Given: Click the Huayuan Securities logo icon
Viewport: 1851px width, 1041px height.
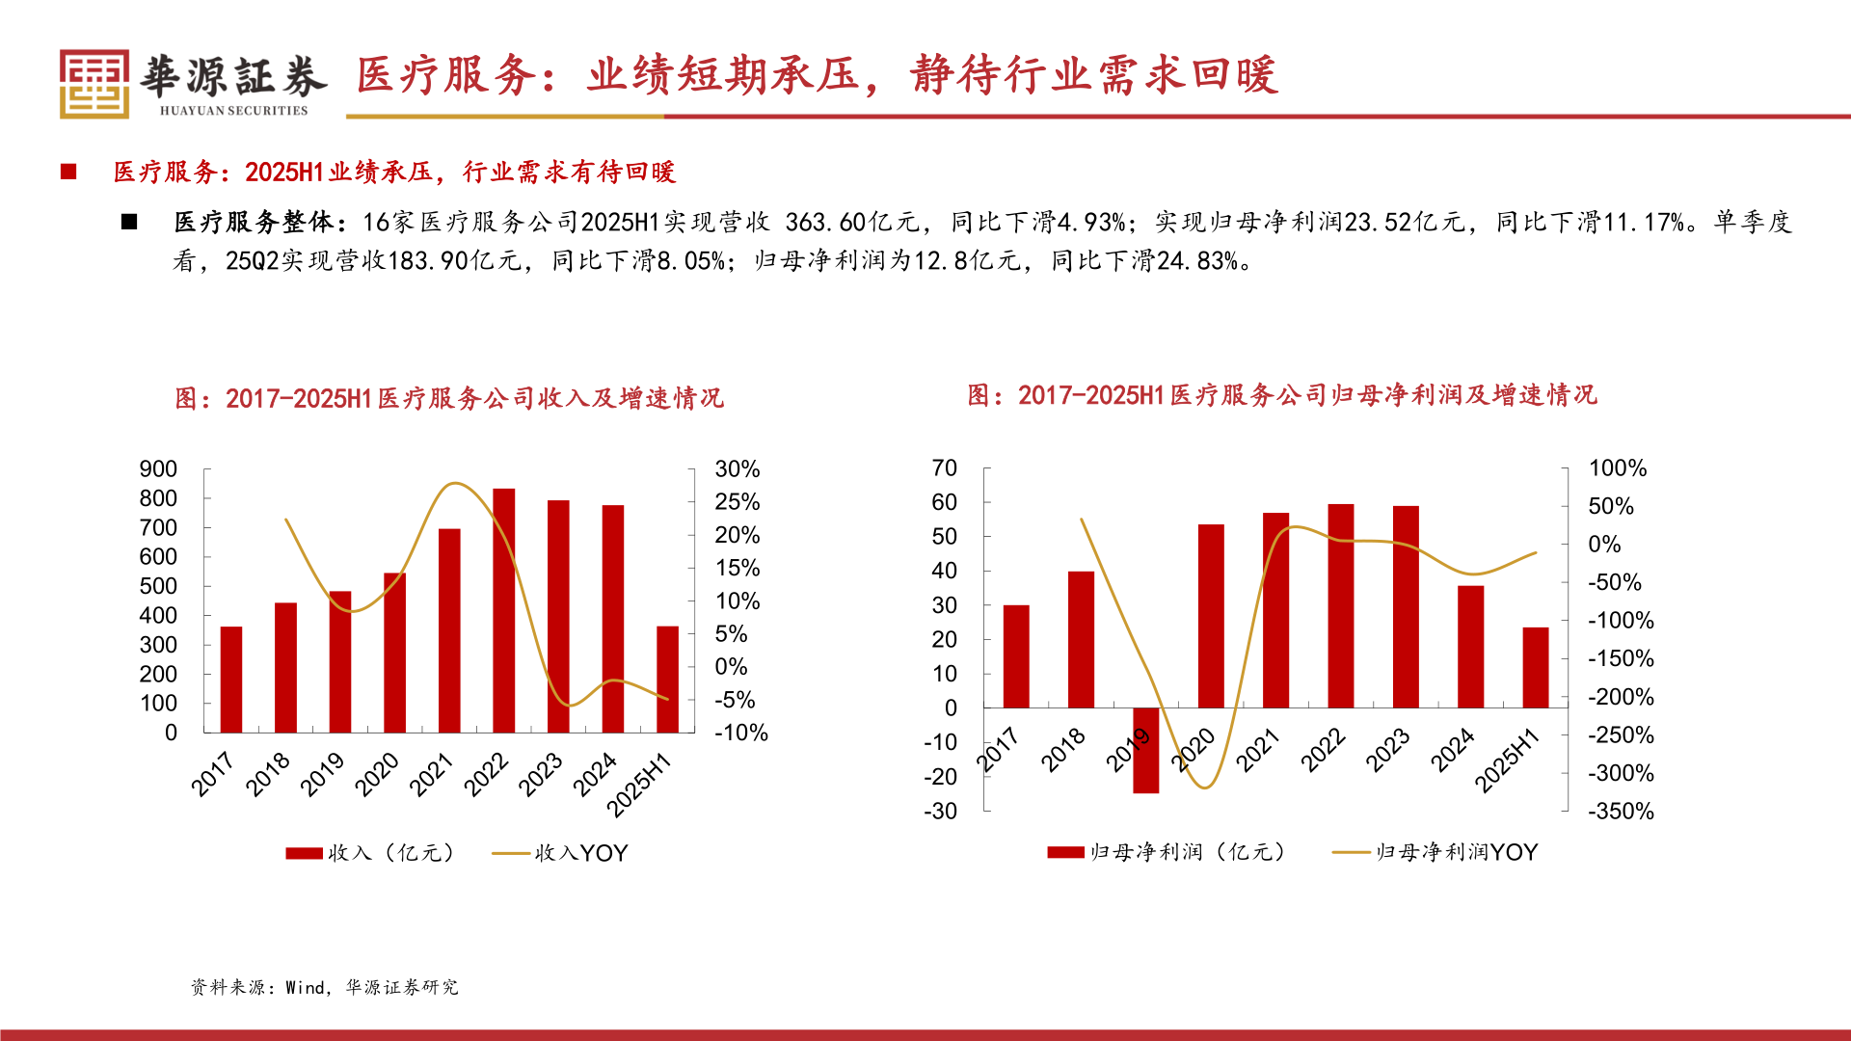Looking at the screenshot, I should coord(94,84).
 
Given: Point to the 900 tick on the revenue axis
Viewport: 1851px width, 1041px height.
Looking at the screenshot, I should coord(158,469).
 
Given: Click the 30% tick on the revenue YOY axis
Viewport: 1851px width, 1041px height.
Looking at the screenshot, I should coord(737,469).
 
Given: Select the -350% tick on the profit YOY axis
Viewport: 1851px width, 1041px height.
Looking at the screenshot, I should coord(1621,812).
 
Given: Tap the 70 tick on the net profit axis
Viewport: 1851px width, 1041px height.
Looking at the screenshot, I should coord(944,468).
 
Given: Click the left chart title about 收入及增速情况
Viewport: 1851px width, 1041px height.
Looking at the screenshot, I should coord(449,398).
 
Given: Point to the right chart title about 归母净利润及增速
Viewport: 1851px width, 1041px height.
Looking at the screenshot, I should coord(1282,395).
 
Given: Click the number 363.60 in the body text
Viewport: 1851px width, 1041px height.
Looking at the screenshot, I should coord(825,223).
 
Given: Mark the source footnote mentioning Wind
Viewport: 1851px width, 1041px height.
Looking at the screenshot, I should coord(324,987).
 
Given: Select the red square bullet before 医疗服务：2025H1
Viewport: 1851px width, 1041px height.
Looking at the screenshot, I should coord(68,172).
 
